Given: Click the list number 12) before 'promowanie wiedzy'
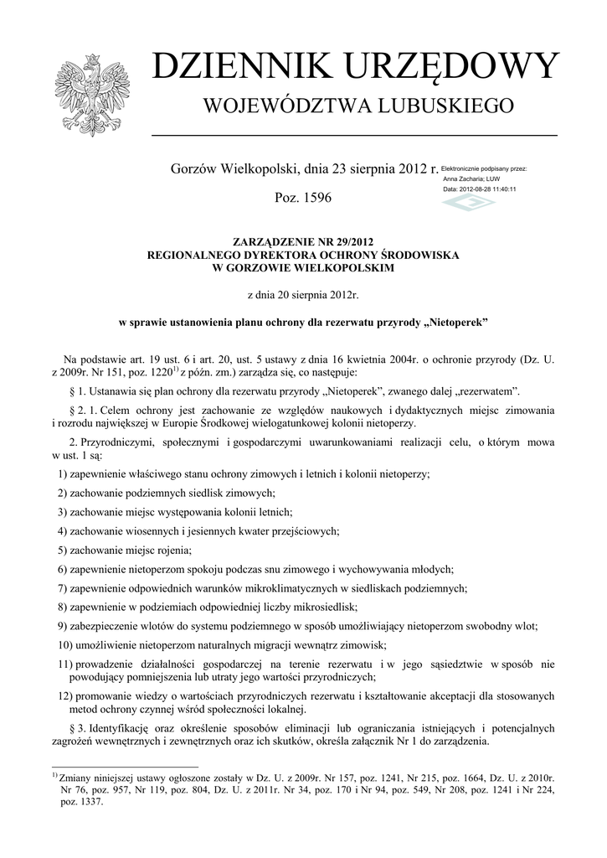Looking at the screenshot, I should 64,695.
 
